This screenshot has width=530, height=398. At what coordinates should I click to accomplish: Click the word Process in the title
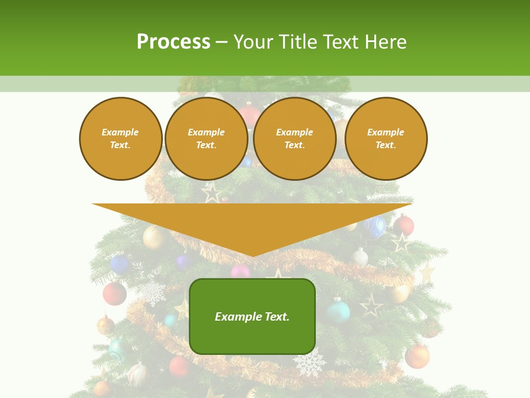[x=173, y=42]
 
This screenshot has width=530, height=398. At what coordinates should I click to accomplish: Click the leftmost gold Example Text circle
[x=121, y=139]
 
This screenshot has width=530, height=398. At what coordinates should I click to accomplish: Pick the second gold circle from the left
[x=206, y=139]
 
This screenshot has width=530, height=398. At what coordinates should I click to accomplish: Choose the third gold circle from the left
[x=295, y=139]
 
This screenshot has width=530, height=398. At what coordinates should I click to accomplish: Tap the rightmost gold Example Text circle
[x=386, y=139]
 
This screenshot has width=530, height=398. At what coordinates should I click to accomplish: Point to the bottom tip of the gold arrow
[x=253, y=256]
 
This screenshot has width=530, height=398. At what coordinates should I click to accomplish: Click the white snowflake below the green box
[x=309, y=364]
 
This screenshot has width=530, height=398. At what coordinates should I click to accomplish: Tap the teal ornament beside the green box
[x=338, y=311]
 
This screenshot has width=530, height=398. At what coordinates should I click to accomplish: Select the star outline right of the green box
[x=371, y=305]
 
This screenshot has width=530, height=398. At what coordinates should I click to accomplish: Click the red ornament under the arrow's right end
[x=404, y=225]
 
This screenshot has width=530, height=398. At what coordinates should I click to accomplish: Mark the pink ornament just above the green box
[x=240, y=271]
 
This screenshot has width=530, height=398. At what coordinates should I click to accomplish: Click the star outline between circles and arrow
[x=211, y=192]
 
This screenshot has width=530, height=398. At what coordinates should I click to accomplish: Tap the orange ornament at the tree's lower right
[x=417, y=357]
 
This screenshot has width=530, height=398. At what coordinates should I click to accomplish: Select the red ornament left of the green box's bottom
[x=178, y=366]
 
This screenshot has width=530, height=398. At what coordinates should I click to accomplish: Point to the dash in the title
[x=221, y=43]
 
